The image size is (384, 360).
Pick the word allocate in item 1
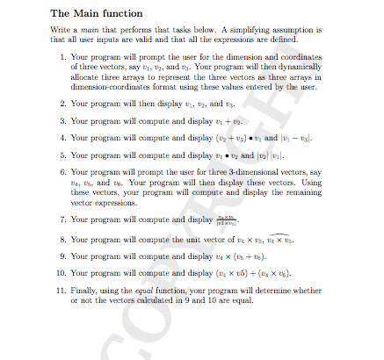[x=84, y=76]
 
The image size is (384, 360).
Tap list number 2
[x=60, y=102]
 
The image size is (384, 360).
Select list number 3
[x=60, y=119]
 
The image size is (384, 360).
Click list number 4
[x=60, y=136]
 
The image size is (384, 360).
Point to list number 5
[x=60, y=153]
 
